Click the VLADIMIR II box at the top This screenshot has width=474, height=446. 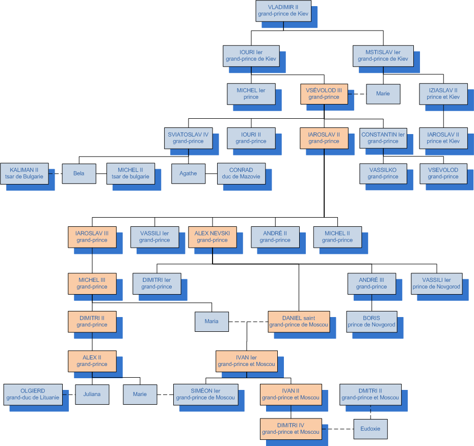(283, 10)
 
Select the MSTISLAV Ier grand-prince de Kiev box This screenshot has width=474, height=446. (383, 56)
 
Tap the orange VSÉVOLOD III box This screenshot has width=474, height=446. (324, 94)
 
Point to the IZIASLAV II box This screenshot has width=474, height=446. (443, 94)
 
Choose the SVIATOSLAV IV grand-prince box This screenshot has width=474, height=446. (188, 138)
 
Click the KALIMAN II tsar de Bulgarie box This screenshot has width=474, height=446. (24, 173)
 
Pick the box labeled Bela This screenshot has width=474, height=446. (78, 173)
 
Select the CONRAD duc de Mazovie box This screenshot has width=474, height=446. (241, 173)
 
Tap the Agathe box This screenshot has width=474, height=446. (188, 173)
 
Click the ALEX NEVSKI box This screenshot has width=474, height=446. (212, 237)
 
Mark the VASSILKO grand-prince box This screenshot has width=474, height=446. (383, 173)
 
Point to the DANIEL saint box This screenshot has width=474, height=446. (299, 322)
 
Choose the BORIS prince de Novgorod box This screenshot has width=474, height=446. (372, 322)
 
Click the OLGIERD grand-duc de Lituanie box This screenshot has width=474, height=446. (33, 394)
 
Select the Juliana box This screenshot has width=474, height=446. (92, 394)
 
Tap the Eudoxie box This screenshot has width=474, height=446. (371, 429)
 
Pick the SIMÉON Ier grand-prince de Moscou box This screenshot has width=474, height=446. (205, 394)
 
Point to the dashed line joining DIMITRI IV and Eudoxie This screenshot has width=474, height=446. (337, 429)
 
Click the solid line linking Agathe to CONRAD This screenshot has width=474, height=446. (211, 173)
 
